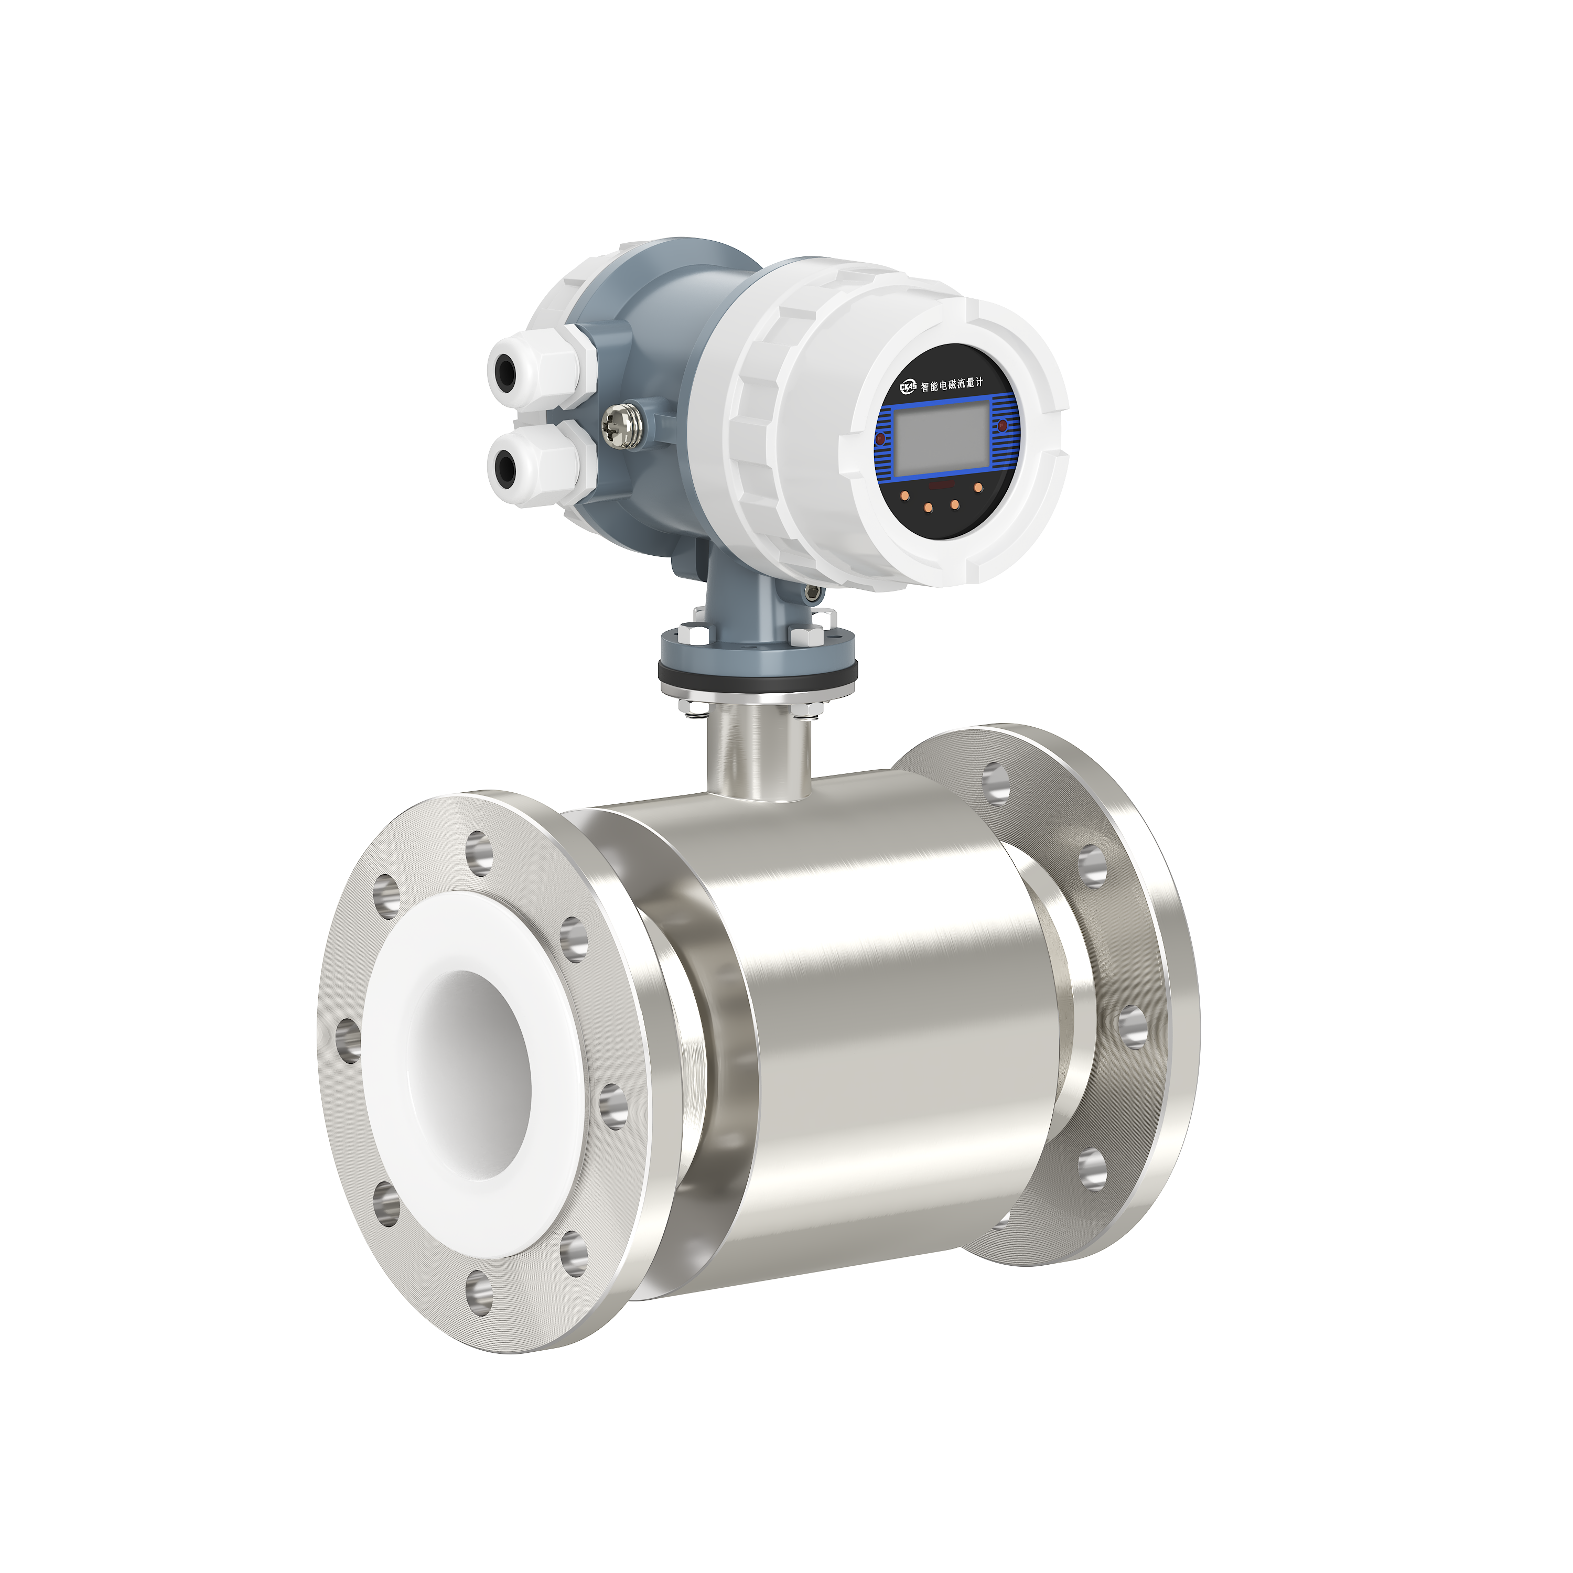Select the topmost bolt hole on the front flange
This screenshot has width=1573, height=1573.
(x=479, y=852)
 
